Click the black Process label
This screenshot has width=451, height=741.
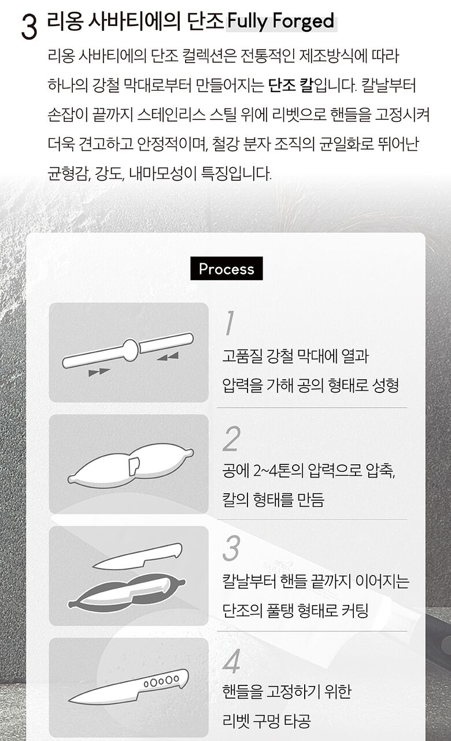click(226, 268)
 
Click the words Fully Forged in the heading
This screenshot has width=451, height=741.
click(280, 21)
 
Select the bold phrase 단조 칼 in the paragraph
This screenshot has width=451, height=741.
click(290, 85)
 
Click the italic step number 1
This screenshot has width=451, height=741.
click(230, 322)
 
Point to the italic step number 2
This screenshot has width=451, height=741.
click(231, 439)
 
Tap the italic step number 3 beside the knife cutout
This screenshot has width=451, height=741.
click(231, 549)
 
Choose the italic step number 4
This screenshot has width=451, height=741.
click(231, 661)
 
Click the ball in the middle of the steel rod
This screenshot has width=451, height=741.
click(131, 350)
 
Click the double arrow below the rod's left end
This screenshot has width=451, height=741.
click(99, 372)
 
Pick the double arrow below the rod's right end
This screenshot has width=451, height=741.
click(168, 357)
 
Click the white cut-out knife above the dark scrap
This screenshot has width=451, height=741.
click(138, 557)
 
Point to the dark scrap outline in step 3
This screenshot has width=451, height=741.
click(127, 592)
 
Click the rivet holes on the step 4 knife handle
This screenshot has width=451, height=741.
click(161, 681)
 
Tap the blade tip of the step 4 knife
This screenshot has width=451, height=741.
click(69, 700)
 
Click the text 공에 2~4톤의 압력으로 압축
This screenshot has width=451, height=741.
click(309, 470)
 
